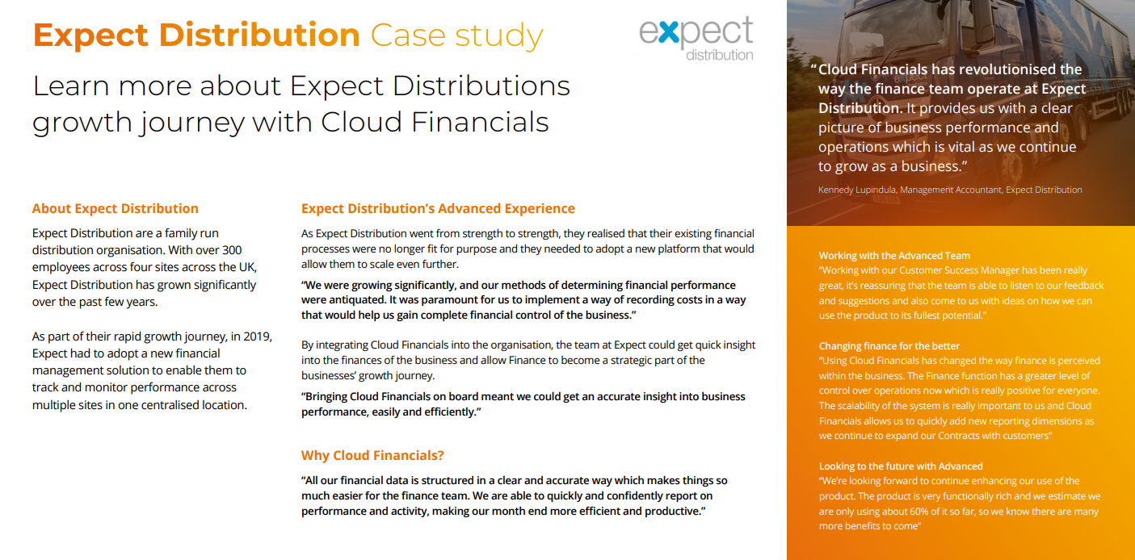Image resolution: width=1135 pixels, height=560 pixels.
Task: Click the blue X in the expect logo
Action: pos(669,32)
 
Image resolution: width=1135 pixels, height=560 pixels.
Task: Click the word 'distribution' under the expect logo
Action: pos(720,55)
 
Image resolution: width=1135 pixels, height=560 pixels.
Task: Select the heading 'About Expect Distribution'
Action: pos(115,209)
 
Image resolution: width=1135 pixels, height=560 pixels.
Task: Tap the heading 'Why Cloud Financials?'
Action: pos(372,455)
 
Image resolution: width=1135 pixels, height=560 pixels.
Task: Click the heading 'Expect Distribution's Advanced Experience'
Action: pos(438,209)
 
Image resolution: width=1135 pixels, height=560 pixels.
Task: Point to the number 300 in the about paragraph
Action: pos(232,250)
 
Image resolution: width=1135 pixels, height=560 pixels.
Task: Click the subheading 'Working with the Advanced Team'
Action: pos(894,256)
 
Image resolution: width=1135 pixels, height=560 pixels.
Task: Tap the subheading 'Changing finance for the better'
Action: pos(889,346)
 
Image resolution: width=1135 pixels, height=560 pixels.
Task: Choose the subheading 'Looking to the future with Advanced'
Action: pos(901,466)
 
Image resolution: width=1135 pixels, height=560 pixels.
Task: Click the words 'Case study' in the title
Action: pos(457,36)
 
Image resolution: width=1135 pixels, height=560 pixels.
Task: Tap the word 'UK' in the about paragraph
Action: pos(247,267)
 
